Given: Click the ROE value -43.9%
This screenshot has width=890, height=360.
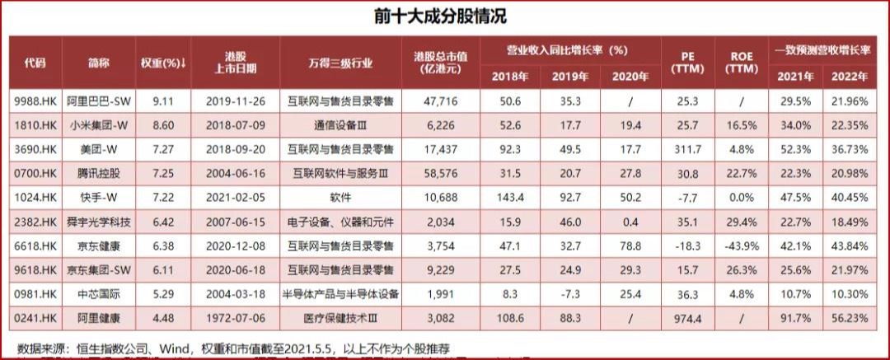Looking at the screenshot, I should pos(742,245).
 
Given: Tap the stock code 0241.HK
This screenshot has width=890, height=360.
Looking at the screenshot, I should pos(35,316).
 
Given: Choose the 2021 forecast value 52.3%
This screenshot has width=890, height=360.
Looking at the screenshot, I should pos(795,150).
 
